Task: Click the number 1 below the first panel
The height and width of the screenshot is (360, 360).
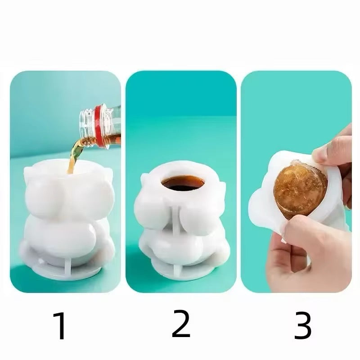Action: tap(60, 325)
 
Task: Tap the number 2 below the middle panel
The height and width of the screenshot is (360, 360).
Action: tap(181, 324)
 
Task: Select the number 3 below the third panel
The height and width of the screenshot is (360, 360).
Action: tap(303, 325)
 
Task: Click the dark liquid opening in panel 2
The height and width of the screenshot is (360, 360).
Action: tap(183, 183)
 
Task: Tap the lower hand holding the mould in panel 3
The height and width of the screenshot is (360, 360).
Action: tap(308, 255)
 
